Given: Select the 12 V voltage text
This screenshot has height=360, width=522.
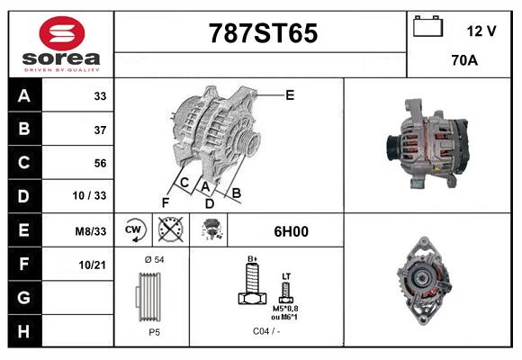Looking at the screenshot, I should (481, 31).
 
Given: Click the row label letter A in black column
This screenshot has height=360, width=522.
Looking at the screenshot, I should (23, 96).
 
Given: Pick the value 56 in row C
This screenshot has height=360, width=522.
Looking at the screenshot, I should (100, 163).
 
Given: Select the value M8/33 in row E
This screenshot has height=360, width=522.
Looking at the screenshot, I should (91, 231).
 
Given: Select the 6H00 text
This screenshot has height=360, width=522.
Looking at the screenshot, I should (291, 231).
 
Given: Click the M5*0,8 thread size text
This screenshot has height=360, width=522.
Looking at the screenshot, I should (286, 308).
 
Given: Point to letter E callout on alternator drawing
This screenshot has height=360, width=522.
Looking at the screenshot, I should (290, 94).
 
